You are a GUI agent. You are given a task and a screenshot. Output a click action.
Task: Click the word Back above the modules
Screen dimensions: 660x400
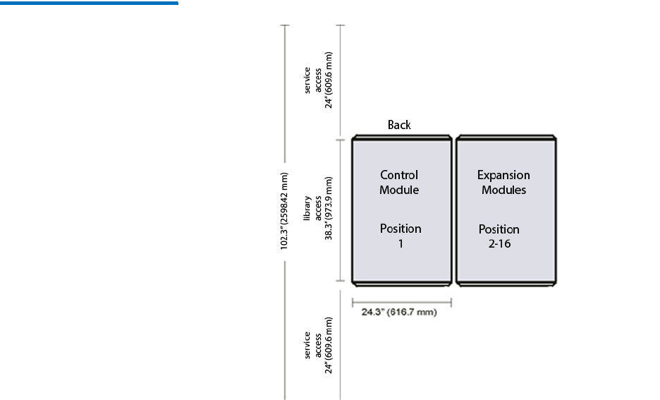pos(399,125)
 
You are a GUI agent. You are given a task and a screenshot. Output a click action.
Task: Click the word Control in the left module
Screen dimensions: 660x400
pos(399,175)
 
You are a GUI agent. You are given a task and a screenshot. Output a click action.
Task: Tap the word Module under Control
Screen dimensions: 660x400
pos(399,190)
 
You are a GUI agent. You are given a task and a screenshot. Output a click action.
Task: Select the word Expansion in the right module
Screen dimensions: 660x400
pos(503,175)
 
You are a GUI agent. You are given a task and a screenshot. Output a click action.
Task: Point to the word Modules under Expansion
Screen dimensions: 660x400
pos(504,190)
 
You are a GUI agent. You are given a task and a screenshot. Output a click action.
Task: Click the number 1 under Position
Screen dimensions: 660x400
pos(401,244)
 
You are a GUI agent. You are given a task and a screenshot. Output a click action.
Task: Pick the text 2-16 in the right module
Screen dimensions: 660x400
pos(500,244)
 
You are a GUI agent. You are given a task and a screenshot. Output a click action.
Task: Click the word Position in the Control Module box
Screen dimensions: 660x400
pos(401,229)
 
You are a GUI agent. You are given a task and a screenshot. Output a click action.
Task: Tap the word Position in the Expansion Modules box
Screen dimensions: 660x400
pos(499,229)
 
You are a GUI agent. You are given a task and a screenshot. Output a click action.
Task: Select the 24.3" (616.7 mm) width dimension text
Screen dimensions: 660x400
pos(399,312)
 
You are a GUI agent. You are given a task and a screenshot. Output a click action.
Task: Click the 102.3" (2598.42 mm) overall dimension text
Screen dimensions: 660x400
pos(285,211)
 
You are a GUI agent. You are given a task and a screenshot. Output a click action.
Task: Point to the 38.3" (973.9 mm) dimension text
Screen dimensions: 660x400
pos(329,208)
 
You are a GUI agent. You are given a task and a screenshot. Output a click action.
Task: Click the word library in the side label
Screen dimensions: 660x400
pos(307,208)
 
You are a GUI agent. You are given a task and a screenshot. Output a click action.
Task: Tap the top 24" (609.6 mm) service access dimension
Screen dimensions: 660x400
pos(329,80)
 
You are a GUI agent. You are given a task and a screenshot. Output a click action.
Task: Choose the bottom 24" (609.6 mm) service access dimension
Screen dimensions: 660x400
pos(329,345)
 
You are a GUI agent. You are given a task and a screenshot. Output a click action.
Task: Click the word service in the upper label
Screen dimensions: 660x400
pos(307,80)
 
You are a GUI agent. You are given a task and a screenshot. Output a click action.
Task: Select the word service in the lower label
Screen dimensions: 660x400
pos(307,345)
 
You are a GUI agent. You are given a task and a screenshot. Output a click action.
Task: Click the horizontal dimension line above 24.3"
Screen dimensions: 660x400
pos(402,302)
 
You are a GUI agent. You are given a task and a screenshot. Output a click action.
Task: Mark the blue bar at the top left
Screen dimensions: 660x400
pos(89,3)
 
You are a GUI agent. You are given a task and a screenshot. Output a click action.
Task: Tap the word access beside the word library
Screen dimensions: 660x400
pos(318,208)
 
